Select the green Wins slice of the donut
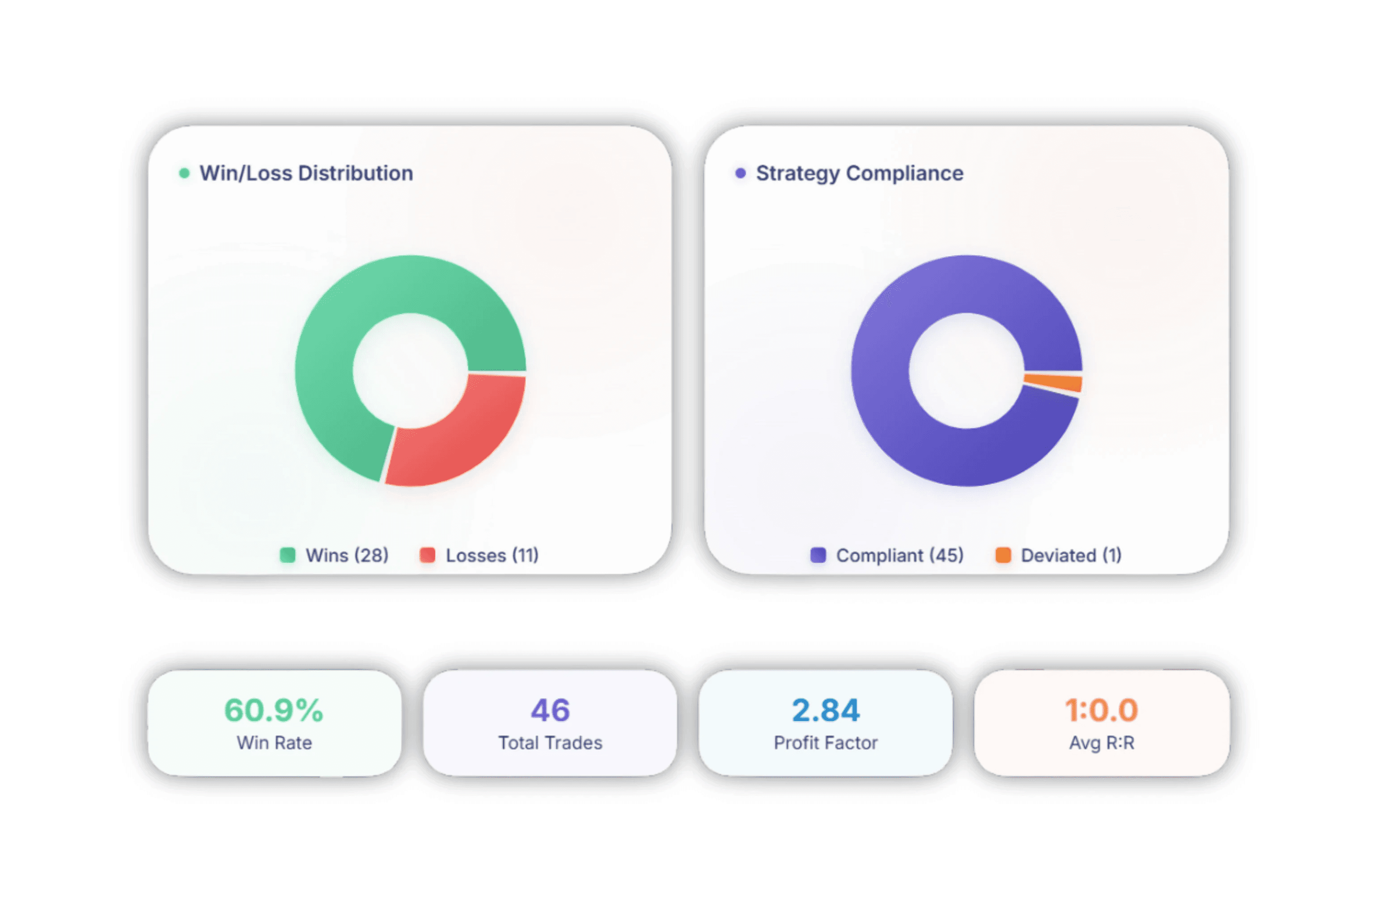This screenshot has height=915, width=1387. click(339, 339)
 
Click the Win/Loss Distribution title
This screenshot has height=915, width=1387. click(306, 174)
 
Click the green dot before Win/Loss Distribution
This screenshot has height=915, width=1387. click(184, 174)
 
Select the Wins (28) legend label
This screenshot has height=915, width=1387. click(347, 555)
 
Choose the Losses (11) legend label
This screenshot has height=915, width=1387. click(492, 555)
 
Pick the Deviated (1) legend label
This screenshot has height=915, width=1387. click(1071, 555)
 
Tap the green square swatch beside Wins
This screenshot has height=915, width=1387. click(287, 555)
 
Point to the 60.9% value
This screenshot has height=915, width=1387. click(274, 710)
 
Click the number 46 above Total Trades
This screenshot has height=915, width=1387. click(550, 710)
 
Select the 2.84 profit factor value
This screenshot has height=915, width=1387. click(825, 710)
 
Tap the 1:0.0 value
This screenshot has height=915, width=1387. click(1101, 710)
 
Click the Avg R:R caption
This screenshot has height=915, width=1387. click(1101, 743)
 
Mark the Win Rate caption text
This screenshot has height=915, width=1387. click(274, 743)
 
